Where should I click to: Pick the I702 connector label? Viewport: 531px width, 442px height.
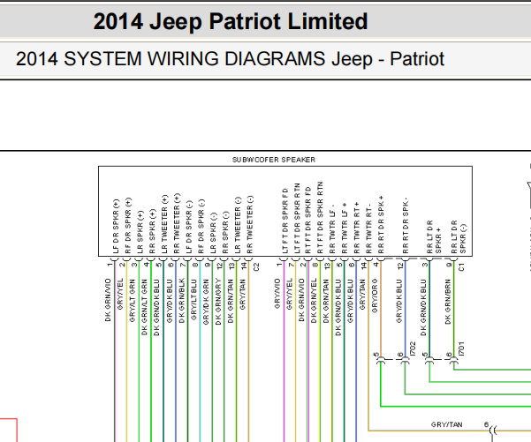pos(413,349)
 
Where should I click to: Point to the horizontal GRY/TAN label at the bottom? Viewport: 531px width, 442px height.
pos(446,425)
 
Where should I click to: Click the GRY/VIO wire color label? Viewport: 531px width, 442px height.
pos(277,301)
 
